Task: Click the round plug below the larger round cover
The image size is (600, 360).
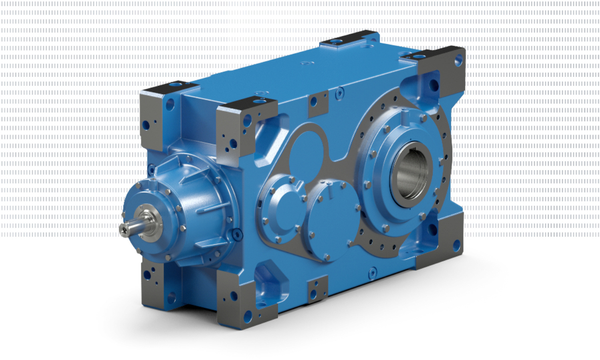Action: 372,271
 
